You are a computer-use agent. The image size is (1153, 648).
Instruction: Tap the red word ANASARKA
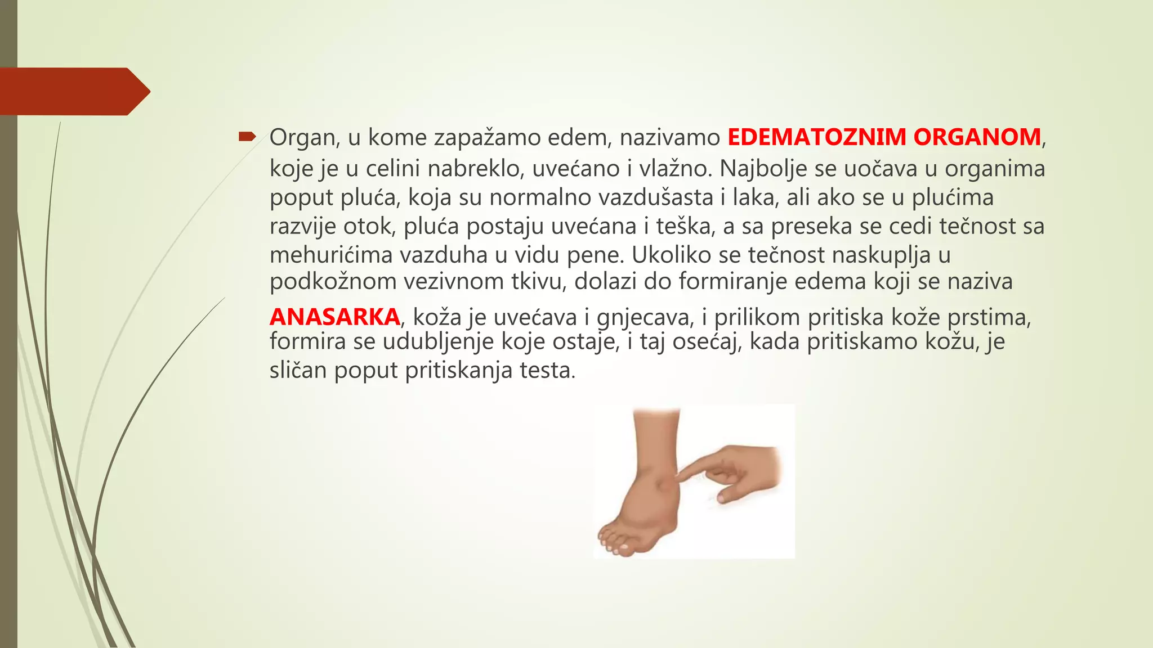click(334, 317)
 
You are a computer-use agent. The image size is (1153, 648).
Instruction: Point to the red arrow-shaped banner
click(73, 91)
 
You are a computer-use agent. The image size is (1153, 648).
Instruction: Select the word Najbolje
click(763, 169)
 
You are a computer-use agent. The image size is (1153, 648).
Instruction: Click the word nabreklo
click(473, 169)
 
